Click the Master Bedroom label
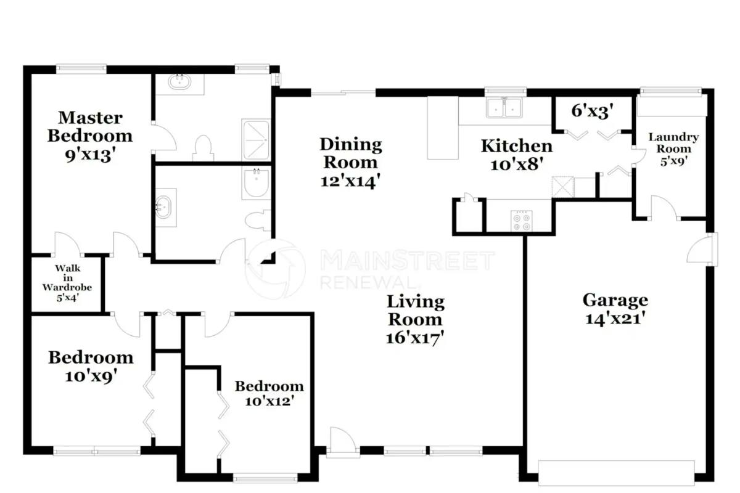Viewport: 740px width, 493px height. click(90, 127)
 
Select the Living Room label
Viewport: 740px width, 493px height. click(416, 311)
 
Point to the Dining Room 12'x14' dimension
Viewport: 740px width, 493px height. click(350, 181)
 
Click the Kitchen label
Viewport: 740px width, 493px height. click(517, 146)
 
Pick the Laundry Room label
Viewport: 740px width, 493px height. click(673, 143)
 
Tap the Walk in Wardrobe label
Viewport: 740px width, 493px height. click(67, 278)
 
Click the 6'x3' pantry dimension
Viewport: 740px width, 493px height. click(593, 111)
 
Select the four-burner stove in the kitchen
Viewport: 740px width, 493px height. click(521, 220)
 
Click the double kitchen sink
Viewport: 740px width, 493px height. click(504, 108)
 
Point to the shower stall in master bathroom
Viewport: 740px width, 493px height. click(257, 140)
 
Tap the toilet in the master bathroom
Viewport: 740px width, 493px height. click(203, 149)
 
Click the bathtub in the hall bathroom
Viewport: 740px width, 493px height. click(257, 183)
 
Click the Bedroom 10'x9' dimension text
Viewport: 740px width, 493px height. click(91, 376)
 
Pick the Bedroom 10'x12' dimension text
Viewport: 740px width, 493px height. click(269, 401)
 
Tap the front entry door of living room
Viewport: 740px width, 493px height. click(343, 442)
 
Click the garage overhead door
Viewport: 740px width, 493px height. click(617, 473)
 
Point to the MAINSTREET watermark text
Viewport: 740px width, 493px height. click(408, 261)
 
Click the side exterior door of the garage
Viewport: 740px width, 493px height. click(702, 250)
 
